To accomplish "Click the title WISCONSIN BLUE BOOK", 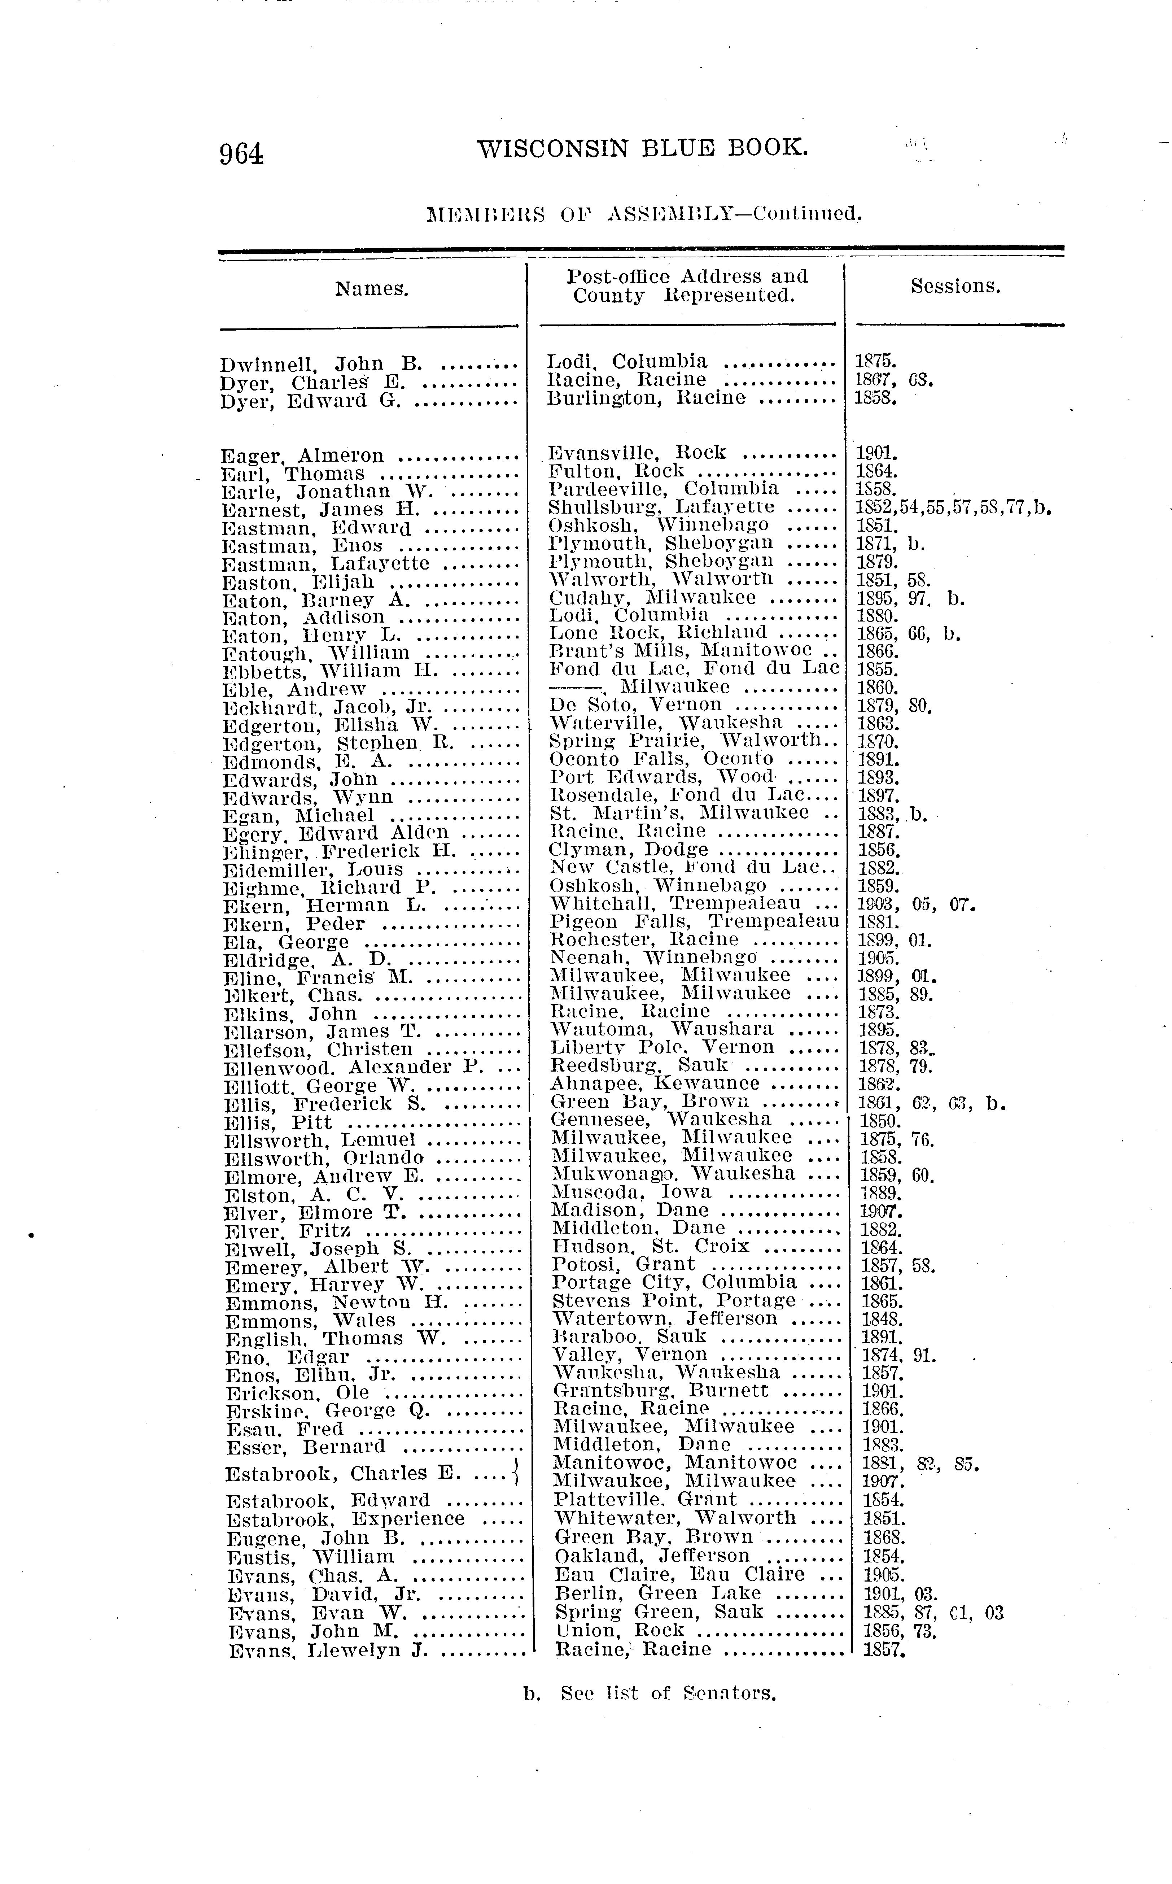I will click(x=642, y=147).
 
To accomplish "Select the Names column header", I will click(x=371, y=289).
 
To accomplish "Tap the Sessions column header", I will click(x=955, y=286).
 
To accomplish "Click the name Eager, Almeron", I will click(x=302, y=456).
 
